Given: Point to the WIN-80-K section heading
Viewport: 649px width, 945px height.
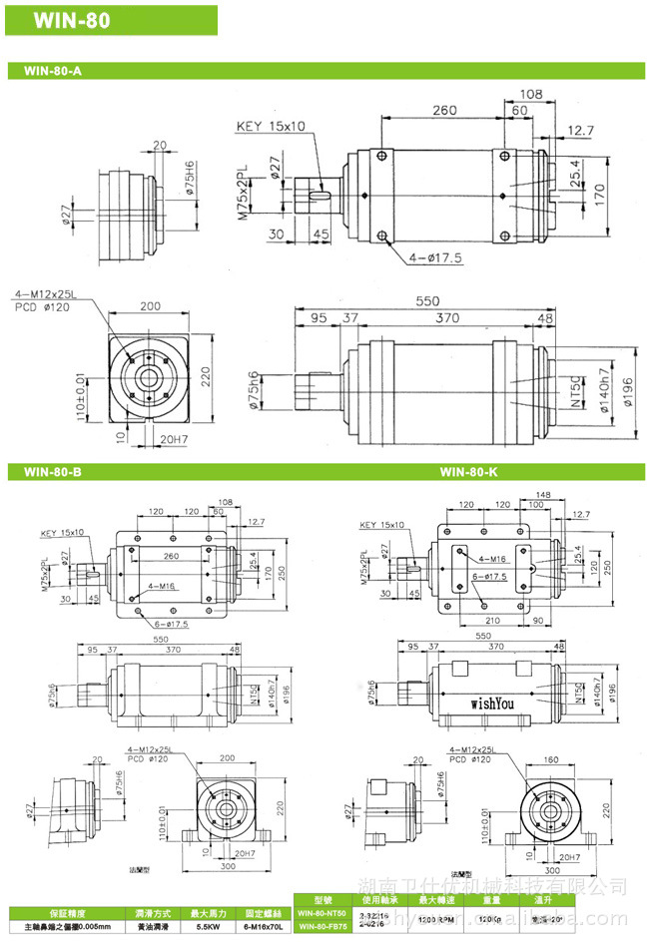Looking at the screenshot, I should [x=468, y=471].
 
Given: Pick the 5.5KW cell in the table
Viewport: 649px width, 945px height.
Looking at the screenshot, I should [x=209, y=927].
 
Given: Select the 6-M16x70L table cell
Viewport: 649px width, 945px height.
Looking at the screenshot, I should [x=265, y=927].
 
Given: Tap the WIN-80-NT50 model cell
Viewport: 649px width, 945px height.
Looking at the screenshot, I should [x=321, y=912].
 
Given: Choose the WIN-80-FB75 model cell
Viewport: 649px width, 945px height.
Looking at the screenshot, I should [x=321, y=927].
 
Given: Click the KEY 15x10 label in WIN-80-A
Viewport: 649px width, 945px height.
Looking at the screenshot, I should [x=271, y=127].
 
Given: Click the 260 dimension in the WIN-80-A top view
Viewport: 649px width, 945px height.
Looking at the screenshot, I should [x=445, y=110].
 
